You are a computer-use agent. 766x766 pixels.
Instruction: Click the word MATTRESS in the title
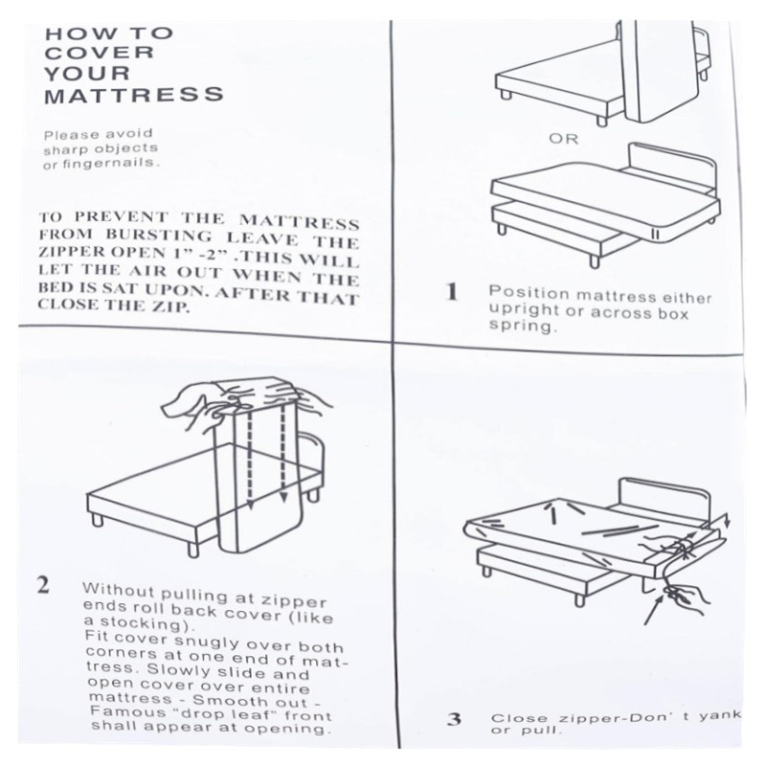134,95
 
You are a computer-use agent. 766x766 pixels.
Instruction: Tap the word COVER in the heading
100,53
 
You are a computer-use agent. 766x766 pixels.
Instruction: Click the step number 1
452,292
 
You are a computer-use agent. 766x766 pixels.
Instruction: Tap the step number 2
43,584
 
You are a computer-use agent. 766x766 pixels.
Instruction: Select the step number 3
454,719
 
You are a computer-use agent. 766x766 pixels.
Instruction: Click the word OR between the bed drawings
563,139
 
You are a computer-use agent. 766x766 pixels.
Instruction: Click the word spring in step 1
522,327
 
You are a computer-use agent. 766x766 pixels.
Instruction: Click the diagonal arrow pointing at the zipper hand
655,611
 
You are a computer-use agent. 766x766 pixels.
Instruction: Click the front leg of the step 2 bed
193,547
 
